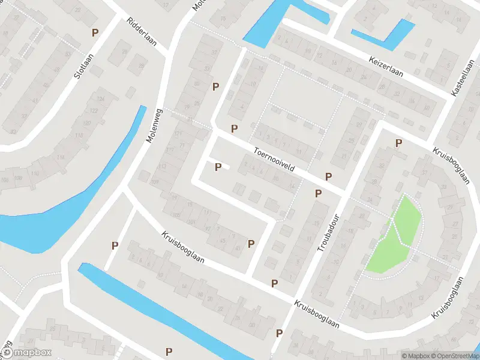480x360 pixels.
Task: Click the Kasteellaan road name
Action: point(462,79)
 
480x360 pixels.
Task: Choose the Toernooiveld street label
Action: point(274,159)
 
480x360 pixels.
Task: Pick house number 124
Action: point(101,98)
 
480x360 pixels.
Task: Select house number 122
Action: point(94,111)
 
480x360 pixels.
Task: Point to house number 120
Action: point(86,122)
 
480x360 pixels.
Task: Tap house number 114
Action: point(60,157)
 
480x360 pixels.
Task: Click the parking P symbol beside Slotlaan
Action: point(94,32)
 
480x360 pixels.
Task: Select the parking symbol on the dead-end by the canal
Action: point(114,245)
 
